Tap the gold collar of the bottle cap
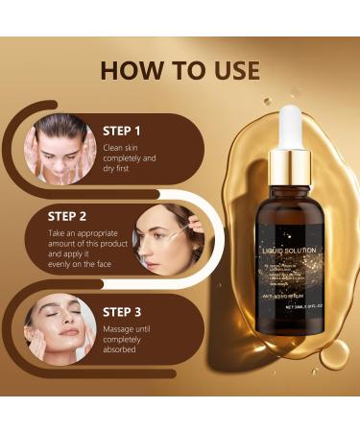291,160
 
